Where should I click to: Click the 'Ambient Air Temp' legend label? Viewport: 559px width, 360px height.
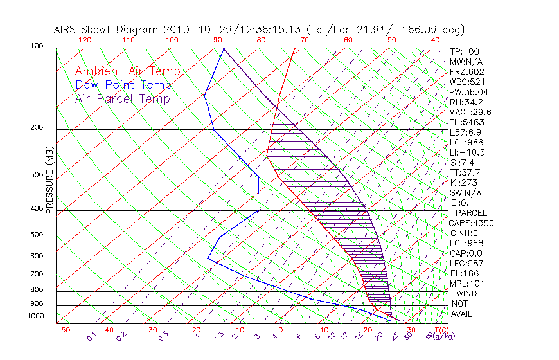click(x=127, y=71)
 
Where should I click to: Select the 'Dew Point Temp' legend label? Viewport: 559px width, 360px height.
click(x=123, y=85)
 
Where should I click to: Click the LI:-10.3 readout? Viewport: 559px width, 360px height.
click(x=467, y=152)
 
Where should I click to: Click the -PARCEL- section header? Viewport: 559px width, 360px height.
click(x=471, y=213)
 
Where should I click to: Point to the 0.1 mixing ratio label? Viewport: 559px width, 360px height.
click(x=91, y=336)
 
